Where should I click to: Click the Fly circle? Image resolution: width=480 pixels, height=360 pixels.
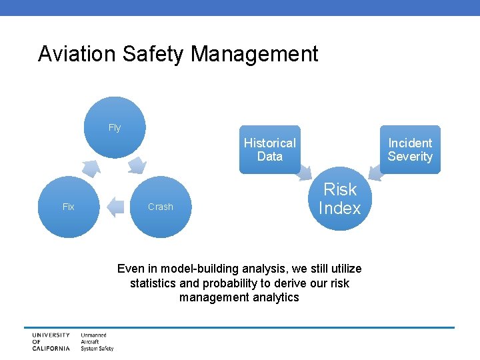115,127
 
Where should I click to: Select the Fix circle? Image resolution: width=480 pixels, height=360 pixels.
68,207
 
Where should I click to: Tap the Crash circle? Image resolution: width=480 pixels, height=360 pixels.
160,207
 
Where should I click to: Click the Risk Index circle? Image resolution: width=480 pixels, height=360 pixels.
339,199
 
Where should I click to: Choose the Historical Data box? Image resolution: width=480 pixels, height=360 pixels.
269,149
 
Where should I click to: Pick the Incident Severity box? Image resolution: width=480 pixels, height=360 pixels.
410,149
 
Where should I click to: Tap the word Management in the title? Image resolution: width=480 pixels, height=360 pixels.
255,54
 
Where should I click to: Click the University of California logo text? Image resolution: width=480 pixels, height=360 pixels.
51,341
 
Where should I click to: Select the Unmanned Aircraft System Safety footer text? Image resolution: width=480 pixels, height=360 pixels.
97,341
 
